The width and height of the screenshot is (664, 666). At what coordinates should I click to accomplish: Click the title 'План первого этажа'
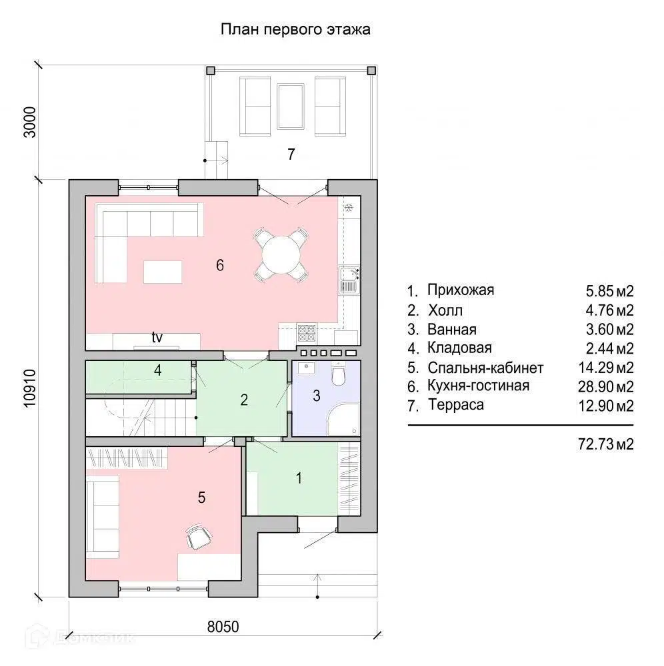(x=295, y=30)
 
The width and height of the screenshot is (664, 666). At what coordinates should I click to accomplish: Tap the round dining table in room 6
(x=281, y=255)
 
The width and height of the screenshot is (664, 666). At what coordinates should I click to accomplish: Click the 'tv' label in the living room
(x=157, y=337)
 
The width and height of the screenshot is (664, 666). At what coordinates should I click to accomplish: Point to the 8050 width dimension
(x=223, y=627)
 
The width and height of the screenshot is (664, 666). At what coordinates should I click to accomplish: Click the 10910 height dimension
(x=30, y=388)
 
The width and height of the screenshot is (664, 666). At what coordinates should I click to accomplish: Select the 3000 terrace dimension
(x=30, y=122)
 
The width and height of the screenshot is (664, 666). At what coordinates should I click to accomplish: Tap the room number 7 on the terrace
(x=291, y=154)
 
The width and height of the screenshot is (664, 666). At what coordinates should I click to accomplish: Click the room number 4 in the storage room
(x=158, y=370)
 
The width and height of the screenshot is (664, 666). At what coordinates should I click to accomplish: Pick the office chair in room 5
(x=199, y=537)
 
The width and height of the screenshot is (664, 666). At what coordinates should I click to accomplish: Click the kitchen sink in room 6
(x=349, y=280)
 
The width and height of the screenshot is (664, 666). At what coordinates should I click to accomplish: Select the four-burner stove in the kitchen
(x=307, y=333)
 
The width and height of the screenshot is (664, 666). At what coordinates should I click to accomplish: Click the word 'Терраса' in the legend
(x=456, y=405)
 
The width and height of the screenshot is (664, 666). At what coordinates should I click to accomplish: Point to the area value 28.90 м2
(x=606, y=386)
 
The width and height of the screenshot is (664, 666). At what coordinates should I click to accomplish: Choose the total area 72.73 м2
(x=606, y=444)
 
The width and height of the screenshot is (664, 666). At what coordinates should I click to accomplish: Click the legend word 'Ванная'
(x=452, y=330)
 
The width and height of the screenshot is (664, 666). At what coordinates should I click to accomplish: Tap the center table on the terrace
(x=291, y=106)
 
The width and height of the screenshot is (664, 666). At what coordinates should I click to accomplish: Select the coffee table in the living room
(x=163, y=272)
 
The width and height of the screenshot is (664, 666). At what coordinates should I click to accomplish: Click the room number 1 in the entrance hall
(x=299, y=478)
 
